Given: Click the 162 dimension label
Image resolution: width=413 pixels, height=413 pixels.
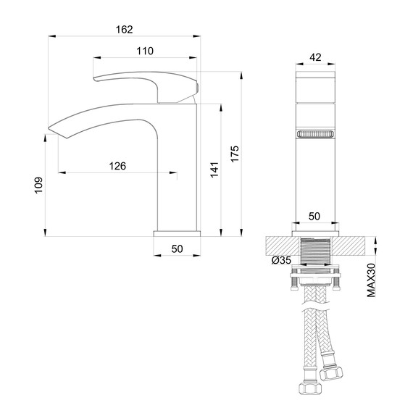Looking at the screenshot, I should point(125,29).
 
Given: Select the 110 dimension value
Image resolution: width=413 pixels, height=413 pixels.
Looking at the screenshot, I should point(145,51).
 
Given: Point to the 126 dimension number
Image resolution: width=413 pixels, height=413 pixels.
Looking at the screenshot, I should point(117,166).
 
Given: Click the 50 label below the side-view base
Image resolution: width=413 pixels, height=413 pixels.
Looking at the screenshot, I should point(177,249).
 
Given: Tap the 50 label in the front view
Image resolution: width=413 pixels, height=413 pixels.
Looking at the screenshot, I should point(314,216).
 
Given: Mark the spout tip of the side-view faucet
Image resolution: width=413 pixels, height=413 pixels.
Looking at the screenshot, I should point(52,130).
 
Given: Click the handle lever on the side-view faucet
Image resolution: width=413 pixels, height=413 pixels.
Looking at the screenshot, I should point(145,82).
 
